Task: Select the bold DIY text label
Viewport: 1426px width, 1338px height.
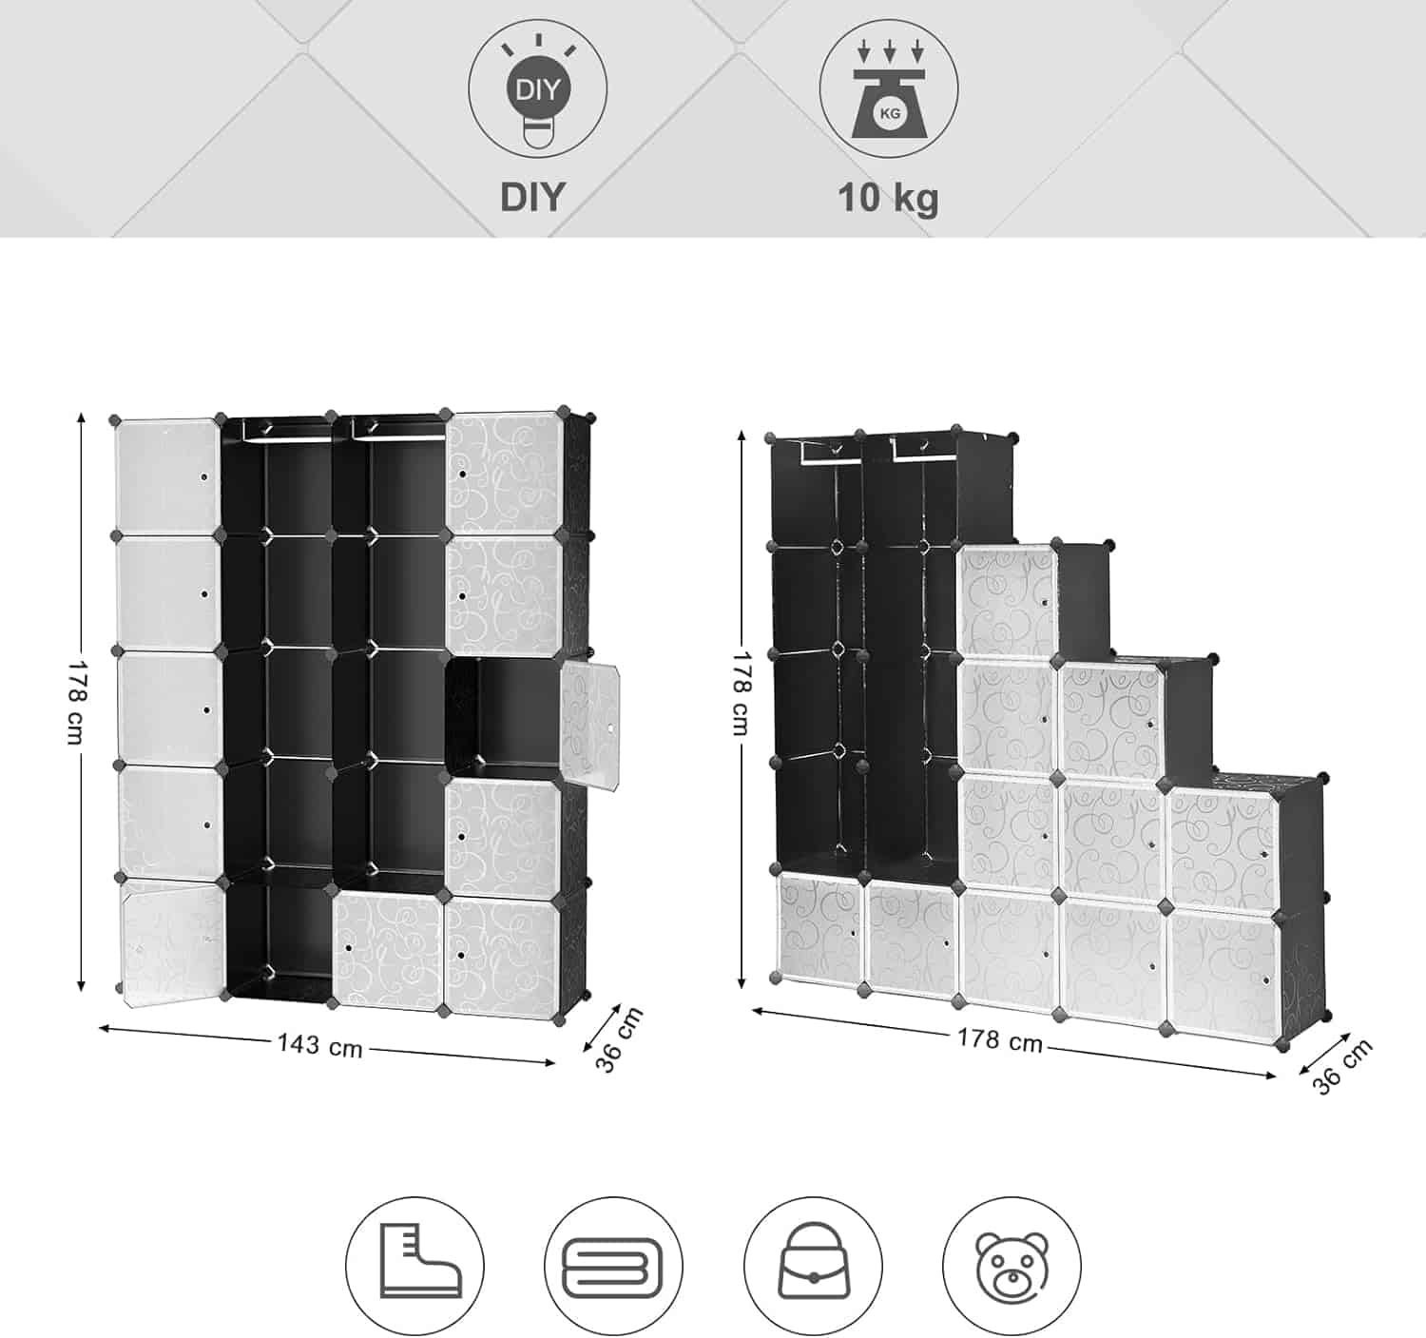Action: click(x=532, y=197)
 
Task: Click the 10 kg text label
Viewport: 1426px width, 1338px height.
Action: click(x=888, y=198)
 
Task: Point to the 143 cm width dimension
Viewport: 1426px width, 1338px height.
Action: click(x=319, y=1046)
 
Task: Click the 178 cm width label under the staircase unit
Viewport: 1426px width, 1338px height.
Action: click(x=999, y=1039)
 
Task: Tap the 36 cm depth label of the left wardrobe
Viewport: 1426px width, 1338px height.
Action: click(x=619, y=1039)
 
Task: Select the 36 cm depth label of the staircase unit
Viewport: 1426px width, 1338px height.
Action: click(x=1342, y=1066)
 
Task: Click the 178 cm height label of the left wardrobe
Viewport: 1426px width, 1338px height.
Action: click(x=75, y=703)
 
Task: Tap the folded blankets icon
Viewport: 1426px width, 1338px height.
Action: click(x=613, y=1266)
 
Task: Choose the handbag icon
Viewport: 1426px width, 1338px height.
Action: click(x=813, y=1266)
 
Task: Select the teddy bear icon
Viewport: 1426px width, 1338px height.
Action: click(x=1012, y=1266)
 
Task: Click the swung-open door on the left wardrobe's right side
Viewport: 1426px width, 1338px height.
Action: click(x=588, y=727)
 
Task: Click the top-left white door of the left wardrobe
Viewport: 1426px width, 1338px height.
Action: click(x=167, y=476)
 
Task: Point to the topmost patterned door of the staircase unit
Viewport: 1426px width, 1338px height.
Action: click(x=1008, y=602)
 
